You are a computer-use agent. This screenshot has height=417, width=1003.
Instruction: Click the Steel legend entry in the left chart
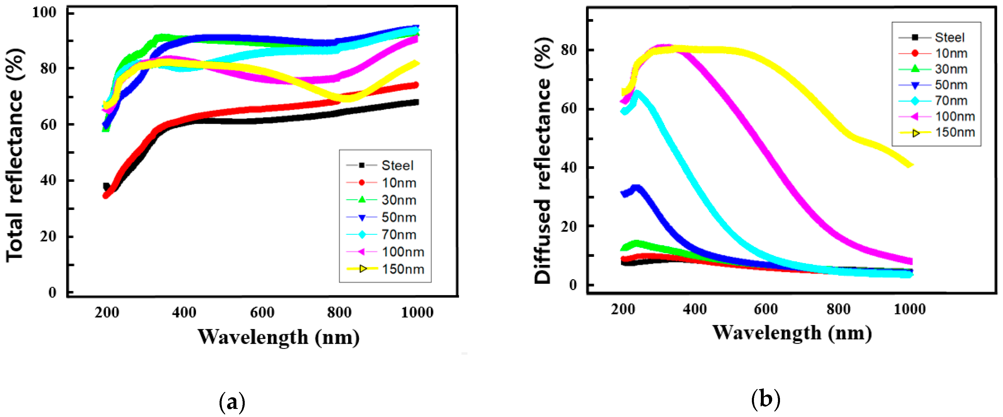click(x=397, y=165)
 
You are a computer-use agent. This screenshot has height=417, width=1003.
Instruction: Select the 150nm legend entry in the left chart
click(x=403, y=269)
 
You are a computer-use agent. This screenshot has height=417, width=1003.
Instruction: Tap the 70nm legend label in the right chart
click(x=951, y=101)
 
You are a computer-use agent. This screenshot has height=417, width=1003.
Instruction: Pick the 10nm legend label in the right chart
click(x=951, y=53)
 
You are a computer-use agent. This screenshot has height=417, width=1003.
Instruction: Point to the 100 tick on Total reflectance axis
click(x=44, y=12)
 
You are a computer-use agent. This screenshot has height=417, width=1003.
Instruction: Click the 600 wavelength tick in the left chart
click(x=262, y=312)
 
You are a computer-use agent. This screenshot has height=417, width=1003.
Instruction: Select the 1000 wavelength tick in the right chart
click(x=909, y=309)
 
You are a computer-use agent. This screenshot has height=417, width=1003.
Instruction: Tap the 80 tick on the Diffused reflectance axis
click(x=569, y=50)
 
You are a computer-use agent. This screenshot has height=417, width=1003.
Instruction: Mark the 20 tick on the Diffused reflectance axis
click(x=569, y=226)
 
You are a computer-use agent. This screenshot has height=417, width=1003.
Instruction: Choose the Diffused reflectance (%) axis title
click(x=543, y=160)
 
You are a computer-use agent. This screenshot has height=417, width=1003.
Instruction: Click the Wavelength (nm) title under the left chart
click(x=278, y=337)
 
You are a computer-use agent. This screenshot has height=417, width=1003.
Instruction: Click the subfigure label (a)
click(x=232, y=402)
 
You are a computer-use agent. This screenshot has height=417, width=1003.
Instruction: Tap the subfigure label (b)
click(x=766, y=399)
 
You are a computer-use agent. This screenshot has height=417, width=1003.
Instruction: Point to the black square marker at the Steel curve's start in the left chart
click(x=106, y=186)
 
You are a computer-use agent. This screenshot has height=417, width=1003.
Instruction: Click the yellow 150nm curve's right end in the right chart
click(x=908, y=164)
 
